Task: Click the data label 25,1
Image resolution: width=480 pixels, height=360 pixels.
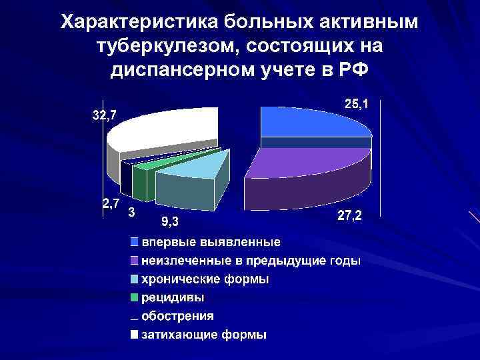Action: point(360,104)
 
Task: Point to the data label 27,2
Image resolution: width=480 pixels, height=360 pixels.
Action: point(350,217)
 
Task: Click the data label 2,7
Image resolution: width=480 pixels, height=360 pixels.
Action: point(111,203)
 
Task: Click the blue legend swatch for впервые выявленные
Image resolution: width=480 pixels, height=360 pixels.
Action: point(134,241)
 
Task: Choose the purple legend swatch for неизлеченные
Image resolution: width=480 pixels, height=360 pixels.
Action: point(134,260)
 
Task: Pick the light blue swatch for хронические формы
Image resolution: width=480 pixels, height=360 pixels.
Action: point(134,279)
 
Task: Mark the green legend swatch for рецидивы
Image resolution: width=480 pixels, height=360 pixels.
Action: point(134,297)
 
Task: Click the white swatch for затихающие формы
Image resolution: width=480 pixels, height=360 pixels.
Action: point(134,334)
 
